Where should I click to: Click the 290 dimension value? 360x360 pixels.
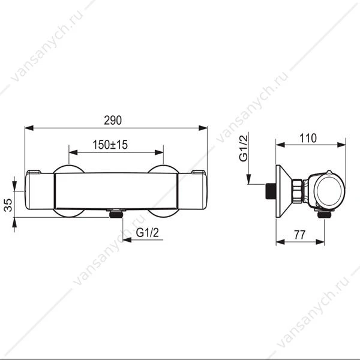[x=113, y=121]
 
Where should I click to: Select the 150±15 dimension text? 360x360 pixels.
[x=110, y=145]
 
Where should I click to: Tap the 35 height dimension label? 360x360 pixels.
[x=8, y=205]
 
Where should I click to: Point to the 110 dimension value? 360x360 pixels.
[x=308, y=138]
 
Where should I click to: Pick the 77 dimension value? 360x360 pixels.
[x=299, y=235]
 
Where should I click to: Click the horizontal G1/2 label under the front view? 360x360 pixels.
[x=147, y=233]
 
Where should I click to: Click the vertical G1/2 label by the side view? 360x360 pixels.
[x=244, y=149]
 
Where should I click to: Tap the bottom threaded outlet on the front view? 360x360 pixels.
[x=116, y=214]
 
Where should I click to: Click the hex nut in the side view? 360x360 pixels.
[x=298, y=191]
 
